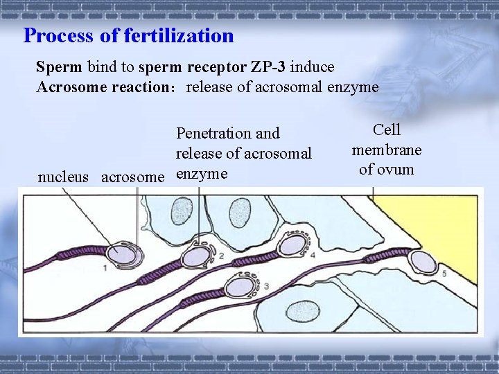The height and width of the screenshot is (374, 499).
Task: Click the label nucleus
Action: coord(63,177)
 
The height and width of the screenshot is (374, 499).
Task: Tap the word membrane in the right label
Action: coord(387,150)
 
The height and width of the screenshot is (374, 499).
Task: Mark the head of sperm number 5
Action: coord(422,262)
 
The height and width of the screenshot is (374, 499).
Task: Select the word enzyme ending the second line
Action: coord(354,87)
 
